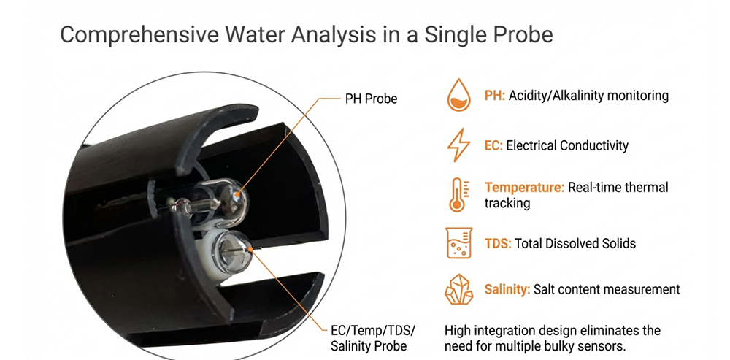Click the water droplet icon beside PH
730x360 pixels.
(x=458, y=96)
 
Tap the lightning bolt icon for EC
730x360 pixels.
(x=458, y=145)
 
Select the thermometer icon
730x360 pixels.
(x=458, y=194)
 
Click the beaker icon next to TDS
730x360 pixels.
(x=458, y=244)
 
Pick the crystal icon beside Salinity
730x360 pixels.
(x=458, y=290)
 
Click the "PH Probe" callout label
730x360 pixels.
(x=371, y=99)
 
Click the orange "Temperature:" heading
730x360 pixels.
(x=524, y=188)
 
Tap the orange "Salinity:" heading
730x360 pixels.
(x=507, y=290)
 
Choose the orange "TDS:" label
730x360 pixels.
(x=498, y=244)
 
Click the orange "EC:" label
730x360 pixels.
(x=493, y=145)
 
